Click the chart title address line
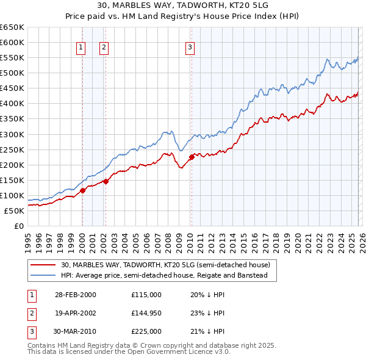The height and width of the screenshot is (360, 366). click(183, 6)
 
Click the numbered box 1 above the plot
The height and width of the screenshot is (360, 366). click(81, 48)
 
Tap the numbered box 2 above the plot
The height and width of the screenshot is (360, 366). click(104, 48)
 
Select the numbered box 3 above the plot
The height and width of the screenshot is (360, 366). click(190, 48)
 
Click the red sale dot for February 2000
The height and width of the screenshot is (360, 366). click(82, 190)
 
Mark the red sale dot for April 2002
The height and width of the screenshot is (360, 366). click(106, 181)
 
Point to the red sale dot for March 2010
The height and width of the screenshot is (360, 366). click(191, 157)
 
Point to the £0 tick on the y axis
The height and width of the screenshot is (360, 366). click(19, 226)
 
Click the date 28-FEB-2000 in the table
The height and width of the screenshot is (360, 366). click(76, 295)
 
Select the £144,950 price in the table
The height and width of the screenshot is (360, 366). click(146, 313)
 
